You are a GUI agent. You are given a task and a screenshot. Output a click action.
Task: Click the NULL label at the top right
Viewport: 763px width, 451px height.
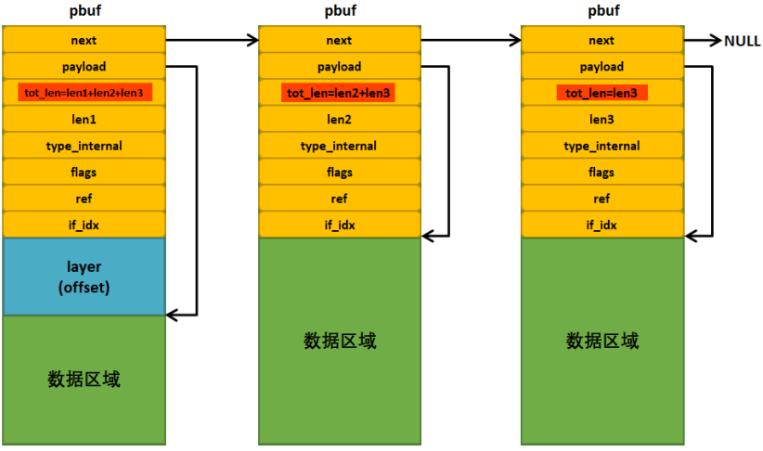(742, 41)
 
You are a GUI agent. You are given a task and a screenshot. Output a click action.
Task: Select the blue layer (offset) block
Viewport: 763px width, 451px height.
(84, 277)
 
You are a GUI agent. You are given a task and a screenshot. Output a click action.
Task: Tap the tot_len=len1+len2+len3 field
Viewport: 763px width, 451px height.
(84, 93)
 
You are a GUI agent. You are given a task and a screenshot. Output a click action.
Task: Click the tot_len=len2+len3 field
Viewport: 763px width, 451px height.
(339, 93)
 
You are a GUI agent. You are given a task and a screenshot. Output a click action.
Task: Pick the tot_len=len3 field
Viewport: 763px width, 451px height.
(601, 93)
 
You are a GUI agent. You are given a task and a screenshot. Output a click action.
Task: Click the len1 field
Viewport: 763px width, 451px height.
(84, 120)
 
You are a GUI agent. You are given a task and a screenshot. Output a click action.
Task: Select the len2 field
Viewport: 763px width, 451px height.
(339, 120)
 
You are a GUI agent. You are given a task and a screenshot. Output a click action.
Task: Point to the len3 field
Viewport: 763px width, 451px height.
(601, 120)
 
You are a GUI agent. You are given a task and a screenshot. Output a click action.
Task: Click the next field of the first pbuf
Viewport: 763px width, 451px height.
(84, 40)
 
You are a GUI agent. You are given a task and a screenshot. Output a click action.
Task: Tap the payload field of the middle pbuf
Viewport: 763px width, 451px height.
(339, 67)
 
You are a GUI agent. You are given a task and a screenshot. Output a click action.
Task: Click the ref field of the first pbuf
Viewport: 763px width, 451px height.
(84, 199)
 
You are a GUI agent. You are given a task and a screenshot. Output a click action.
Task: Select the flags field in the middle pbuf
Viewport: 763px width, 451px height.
(339, 173)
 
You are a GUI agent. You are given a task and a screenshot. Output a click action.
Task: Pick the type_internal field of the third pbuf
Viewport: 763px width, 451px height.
(601, 147)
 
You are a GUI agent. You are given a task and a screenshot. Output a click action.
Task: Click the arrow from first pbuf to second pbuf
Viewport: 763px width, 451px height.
(212, 40)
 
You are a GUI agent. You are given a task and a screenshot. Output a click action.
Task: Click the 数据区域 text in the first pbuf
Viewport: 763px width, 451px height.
(84, 380)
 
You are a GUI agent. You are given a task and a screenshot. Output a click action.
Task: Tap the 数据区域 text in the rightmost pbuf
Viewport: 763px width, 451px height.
(601, 341)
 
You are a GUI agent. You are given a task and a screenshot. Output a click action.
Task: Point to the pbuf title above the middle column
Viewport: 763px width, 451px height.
(339, 12)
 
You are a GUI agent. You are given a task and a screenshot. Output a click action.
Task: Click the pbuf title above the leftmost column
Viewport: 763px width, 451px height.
(84, 12)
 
